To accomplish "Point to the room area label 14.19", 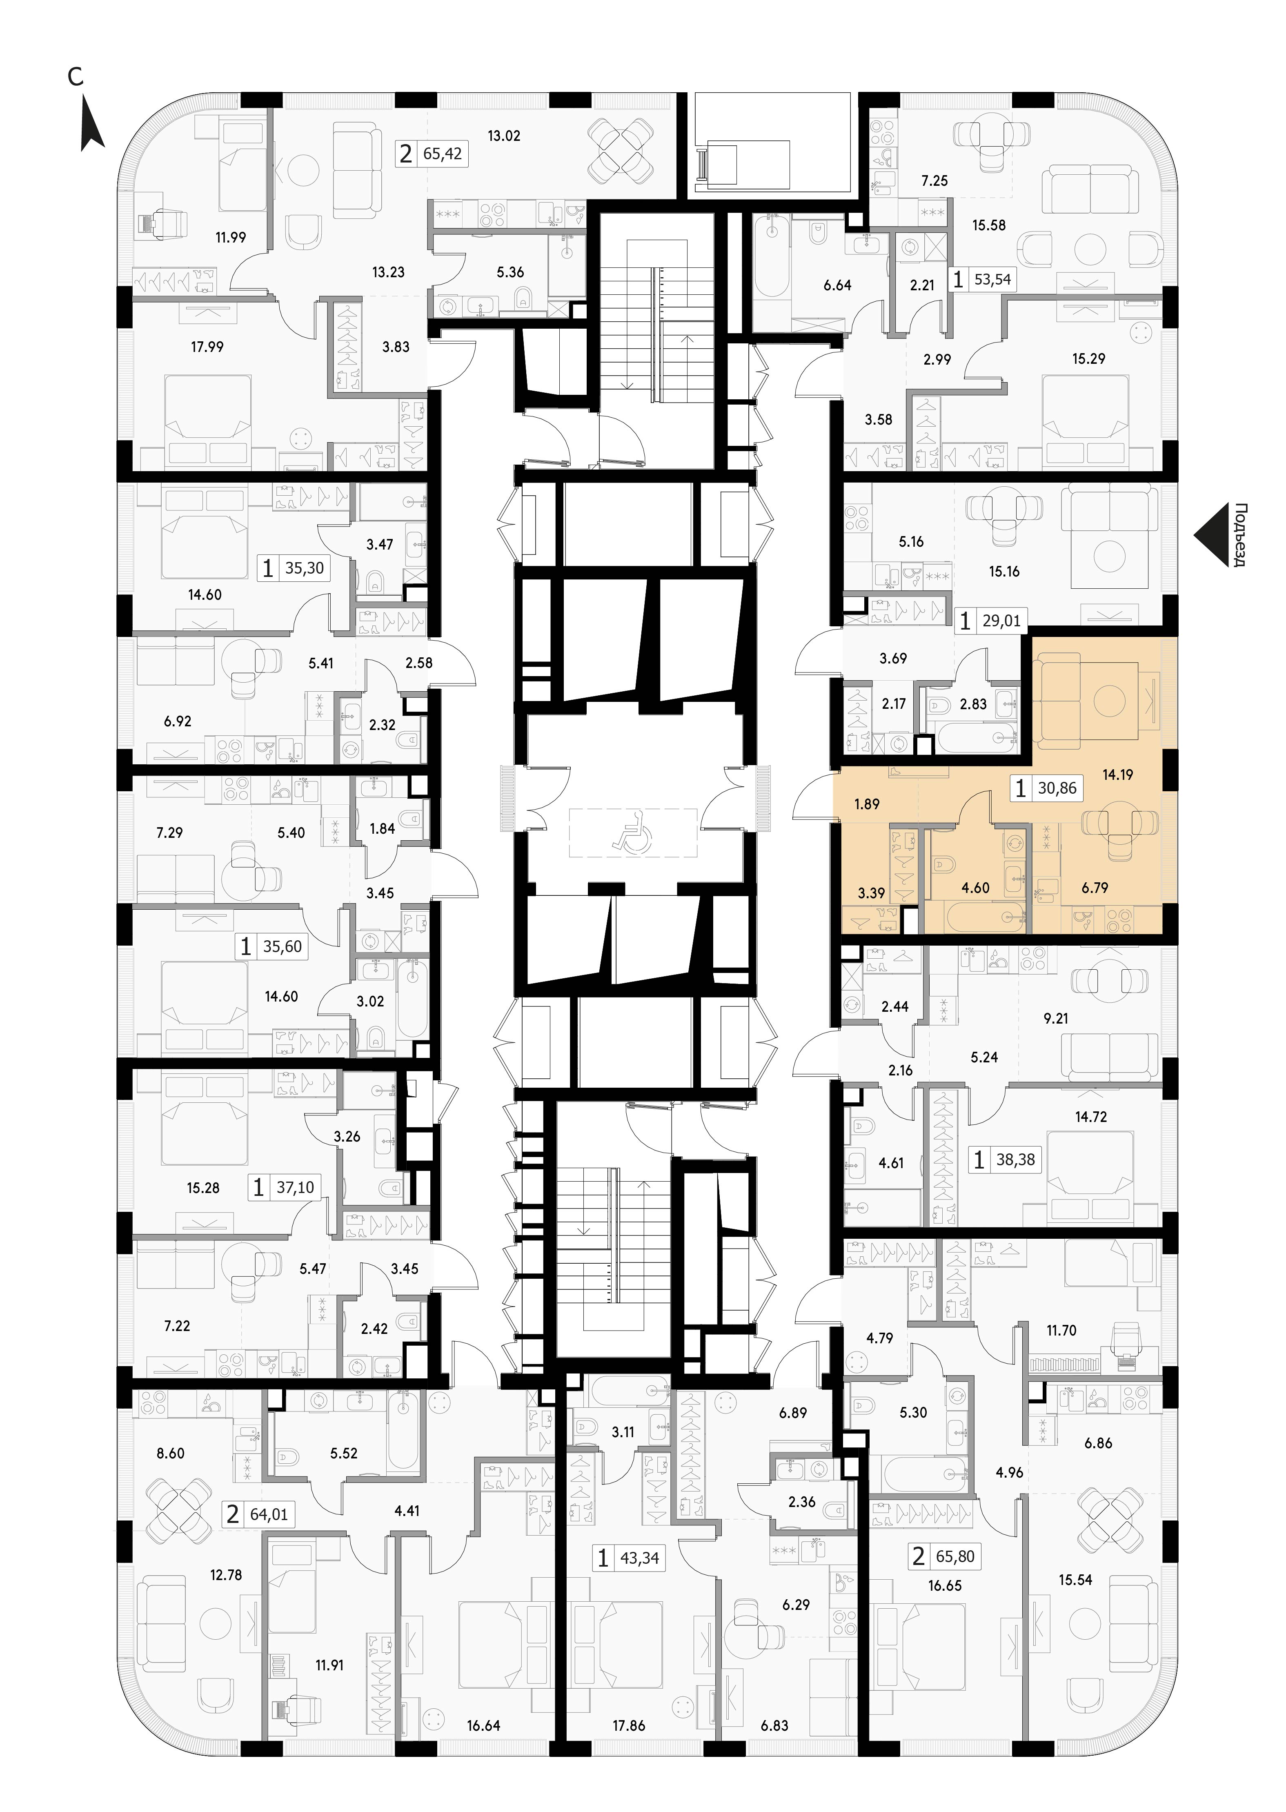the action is [x=1117, y=775].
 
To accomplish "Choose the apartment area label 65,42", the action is [x=443, y=154].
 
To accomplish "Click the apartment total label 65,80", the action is [x=955, y=1556].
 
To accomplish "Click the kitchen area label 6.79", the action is [x=1095, y=888].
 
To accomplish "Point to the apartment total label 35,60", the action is [x=283, y=946].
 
